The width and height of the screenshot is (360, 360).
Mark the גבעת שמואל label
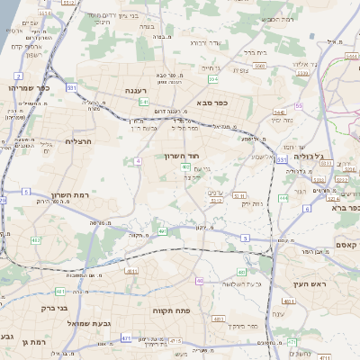[x=81, y=321]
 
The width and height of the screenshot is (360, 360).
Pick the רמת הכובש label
[x=274, y=19]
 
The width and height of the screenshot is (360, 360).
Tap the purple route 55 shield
[x=299, y=105]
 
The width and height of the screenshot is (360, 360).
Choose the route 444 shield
[x=283, y=196]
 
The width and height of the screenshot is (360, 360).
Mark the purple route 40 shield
[x=199, y=281]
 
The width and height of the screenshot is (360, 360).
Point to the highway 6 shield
[x=306, y=209]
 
